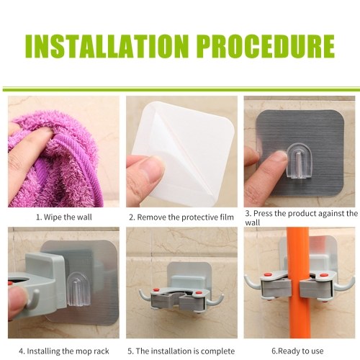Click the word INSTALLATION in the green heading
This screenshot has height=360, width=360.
(107, 47)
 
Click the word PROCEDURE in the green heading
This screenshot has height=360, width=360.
(267, 46)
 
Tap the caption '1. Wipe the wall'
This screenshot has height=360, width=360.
(64, 217)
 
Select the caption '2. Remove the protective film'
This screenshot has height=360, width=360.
(181, 217)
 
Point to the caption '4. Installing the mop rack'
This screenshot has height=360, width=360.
(64, 351)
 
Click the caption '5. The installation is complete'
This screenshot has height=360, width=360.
(181, 351)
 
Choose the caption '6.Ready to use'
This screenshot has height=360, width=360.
(297, 351)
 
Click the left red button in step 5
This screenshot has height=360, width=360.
(156, 291)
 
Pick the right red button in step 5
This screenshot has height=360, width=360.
(199, 292)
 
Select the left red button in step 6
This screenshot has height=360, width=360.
(267, 274)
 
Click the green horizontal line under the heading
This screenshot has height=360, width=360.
(181, 89)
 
